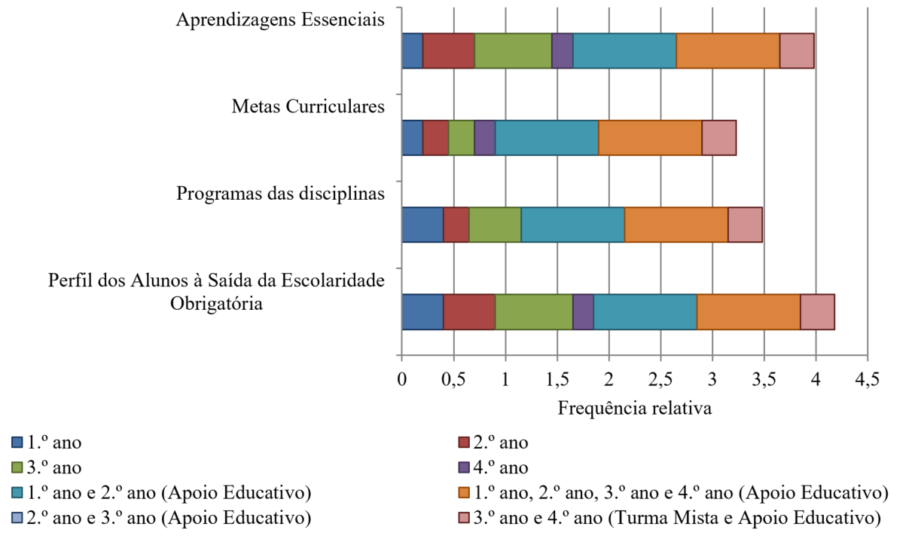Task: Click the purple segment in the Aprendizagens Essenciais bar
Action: point(562,51)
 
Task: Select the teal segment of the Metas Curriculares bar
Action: point(546,137)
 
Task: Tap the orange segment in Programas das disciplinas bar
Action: point(676,224)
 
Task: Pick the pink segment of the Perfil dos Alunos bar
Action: point(816,311)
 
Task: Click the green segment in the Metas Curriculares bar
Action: point(461,137)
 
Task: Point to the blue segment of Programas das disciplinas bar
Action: point(422,224)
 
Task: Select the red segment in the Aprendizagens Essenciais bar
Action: point(448,51)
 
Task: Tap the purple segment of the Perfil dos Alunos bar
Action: point(582,311)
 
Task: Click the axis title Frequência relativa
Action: point(634,409)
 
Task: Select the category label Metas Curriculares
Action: point(308,106)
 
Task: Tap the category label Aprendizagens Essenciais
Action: point(280,20)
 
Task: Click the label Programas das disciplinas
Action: point(280,193)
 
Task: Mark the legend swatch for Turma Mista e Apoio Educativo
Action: point(465,519)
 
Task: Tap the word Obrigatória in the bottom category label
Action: point(216,304)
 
